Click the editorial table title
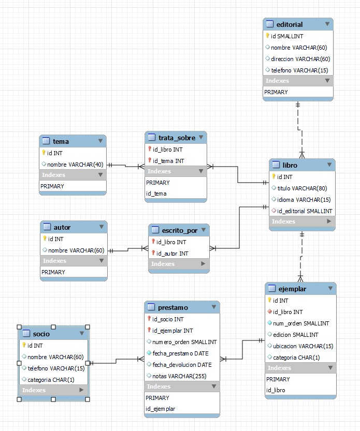coord(290,24)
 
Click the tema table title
coord(61,141)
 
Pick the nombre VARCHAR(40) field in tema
coord(75,165)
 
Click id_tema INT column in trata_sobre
coord(168,161)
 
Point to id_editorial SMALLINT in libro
coord(305,211)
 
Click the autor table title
coord(62,227)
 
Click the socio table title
coord(41,334)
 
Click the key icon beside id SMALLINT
coord(267,36)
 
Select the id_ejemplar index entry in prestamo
coord(161,409)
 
